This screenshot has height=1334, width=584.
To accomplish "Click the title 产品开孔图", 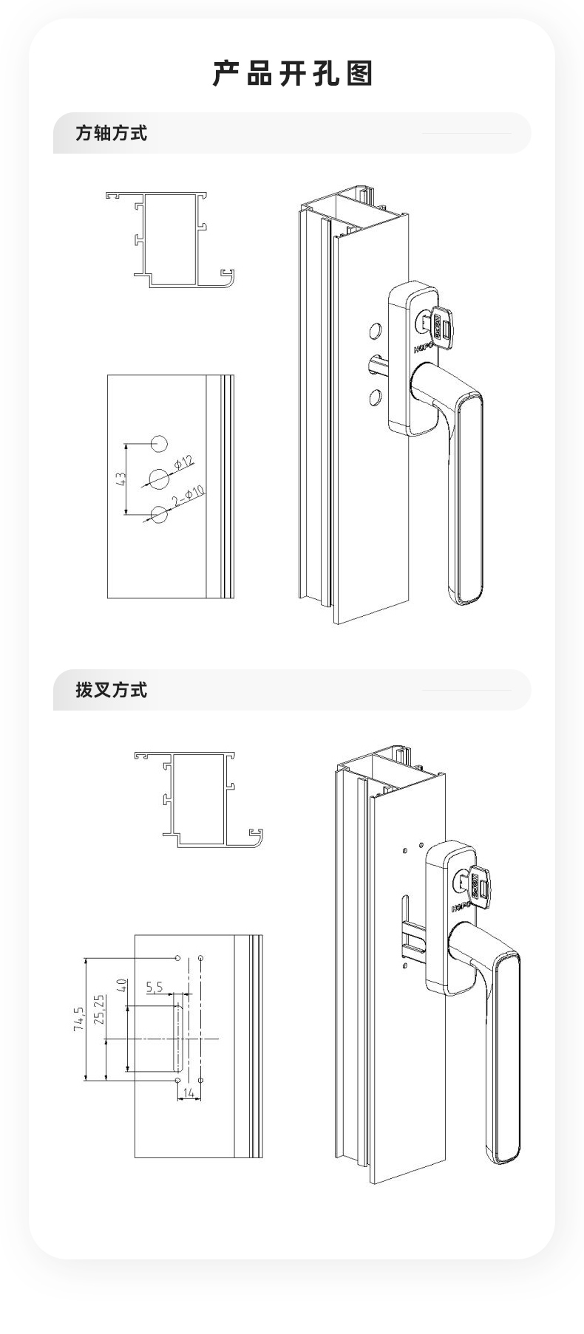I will [292, 74].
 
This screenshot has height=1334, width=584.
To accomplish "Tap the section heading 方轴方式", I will [111, 134].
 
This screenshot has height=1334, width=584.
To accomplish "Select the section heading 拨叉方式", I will [111, 690].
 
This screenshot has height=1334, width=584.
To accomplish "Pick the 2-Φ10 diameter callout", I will [189, 497].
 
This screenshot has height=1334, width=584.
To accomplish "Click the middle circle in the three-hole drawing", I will [160, 478].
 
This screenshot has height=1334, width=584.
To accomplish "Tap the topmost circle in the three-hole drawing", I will [159, 444].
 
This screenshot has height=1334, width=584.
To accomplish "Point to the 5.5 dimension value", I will [154, 987].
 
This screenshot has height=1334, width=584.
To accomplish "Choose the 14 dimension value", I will [189, 1092].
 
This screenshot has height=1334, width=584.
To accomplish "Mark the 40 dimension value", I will [122, 985].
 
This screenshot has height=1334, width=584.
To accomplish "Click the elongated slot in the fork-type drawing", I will [178, 1039].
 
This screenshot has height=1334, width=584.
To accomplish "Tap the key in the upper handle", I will [442, 324].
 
